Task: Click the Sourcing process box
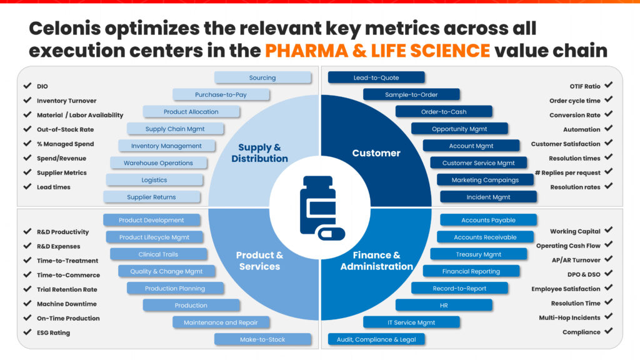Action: (x=262, y=77)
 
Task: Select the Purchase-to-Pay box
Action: (x=221, y=95)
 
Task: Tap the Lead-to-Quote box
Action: (x=376, y=77)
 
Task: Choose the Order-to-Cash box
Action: (x=444, y=112)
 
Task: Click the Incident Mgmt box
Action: (x=488, y=197)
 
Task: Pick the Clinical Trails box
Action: (x=158, y=254)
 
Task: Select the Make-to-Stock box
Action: (x=262, y=339)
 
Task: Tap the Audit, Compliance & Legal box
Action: (x=376, y=339)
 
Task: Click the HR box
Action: (x=444, y=305)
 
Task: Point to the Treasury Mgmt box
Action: (x=478, y=254)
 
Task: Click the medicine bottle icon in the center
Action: (x=317, y=203)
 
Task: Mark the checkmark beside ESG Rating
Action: (x=27, y=332)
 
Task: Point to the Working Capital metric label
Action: (x=575, y=231)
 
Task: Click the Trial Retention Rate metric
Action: (x=67, y=289)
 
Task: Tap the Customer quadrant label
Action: (x=376, y=153)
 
